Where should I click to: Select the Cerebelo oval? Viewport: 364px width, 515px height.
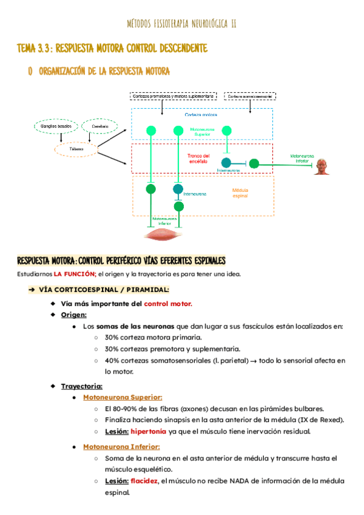pos(100,126)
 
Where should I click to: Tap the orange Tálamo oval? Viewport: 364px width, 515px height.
pos(76,149)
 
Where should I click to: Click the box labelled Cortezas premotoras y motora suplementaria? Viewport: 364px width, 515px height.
pos(173,97)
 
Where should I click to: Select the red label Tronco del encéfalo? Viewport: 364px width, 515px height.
pos(199,158)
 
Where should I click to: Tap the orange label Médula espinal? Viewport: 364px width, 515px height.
pos(240,194)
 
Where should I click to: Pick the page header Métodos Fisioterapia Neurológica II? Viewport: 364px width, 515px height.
pos(182,24)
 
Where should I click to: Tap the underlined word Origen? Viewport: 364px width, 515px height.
pos(73,315)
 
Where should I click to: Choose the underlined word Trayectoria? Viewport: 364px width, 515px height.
pos(82,386)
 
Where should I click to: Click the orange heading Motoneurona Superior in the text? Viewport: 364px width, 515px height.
pos(123,397)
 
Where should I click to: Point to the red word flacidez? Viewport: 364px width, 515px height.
pos(149,480)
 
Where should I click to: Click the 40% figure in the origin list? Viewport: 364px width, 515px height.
pos(113,360)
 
